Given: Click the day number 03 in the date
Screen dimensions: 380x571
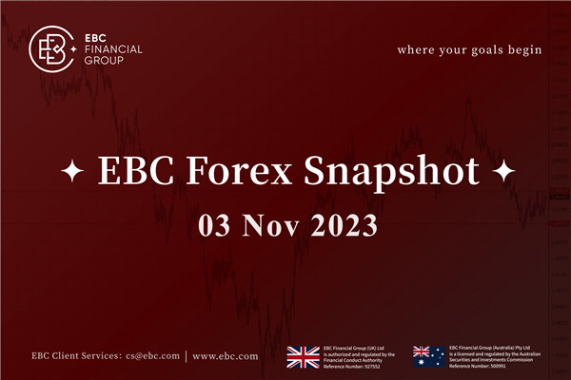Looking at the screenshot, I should [x=217, y=225].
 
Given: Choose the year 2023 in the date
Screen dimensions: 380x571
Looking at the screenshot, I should [x=340, y=225].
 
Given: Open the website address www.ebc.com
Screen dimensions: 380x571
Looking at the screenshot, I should [x=226, y=356].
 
